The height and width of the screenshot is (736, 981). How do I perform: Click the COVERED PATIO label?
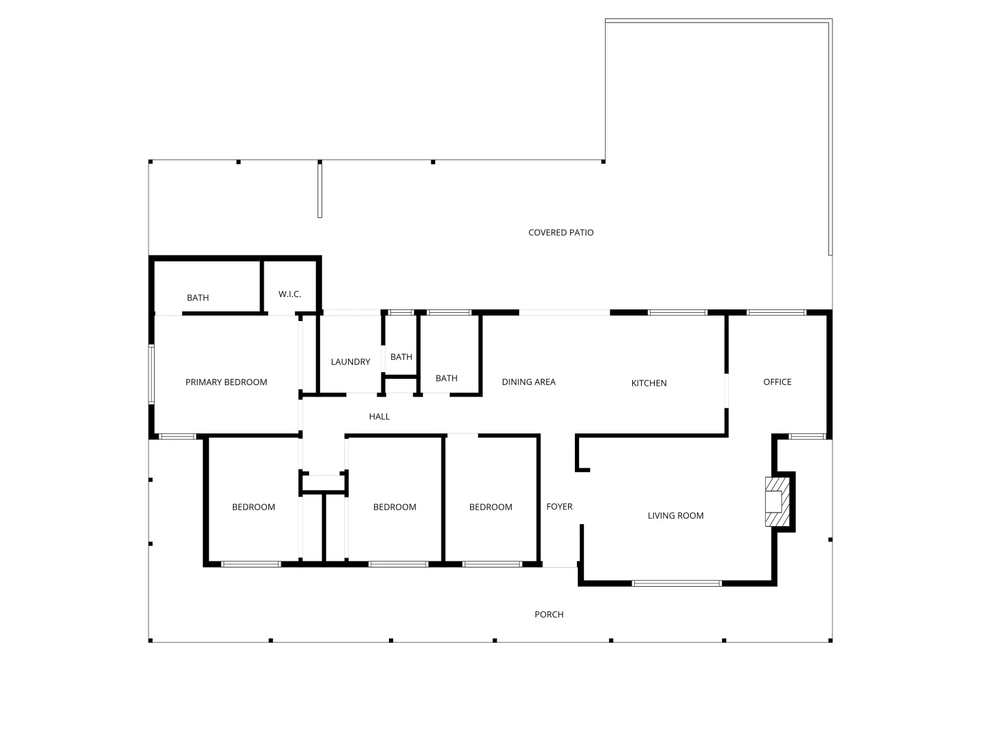click(561, 232)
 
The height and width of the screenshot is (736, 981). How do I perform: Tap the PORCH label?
click(548, 614)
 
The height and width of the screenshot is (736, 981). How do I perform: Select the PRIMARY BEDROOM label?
click(226, 382)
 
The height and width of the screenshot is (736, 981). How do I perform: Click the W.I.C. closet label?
click(290, 294)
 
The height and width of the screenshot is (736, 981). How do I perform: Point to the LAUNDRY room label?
click(350, 361)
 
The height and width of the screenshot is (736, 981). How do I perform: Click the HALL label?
click(379, 416)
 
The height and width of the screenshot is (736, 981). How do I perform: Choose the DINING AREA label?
click(529, 382)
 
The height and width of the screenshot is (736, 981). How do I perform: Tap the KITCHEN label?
click(649, 383)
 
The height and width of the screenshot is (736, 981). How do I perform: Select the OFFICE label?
click(777, 382)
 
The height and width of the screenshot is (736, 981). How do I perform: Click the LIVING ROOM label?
click(675, 515)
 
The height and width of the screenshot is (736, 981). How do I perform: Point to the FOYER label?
click(559, 506)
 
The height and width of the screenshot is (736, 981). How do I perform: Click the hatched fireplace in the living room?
click(777, 502)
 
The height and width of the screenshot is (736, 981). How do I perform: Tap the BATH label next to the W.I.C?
click(198, 297)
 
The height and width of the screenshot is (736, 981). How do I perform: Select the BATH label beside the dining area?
click(446, 378)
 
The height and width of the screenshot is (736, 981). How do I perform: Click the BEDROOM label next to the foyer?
click(490, 506)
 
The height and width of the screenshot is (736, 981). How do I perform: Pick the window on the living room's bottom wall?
click(676, 583)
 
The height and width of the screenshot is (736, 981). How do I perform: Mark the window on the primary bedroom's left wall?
click(152, 373)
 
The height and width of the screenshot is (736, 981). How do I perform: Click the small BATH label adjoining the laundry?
click(401, 356)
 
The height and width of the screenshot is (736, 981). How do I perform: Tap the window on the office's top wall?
click(776, 313)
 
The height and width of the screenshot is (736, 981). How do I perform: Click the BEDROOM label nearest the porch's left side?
click(253, 506)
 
